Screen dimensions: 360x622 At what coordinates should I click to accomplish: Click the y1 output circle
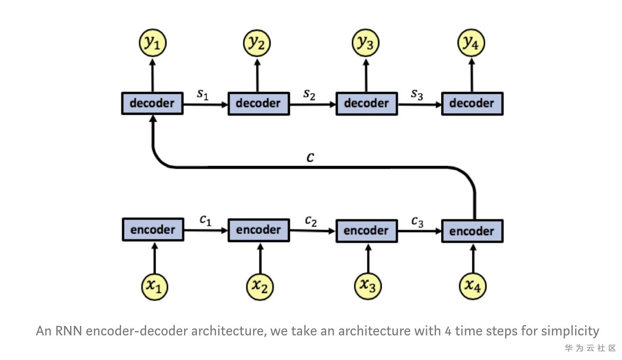tap(152, 43)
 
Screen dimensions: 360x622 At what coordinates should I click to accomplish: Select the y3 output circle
tap(365, 43)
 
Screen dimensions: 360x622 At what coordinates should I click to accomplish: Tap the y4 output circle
tap(471, 43)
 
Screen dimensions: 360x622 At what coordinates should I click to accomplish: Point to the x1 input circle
tap(155, 286)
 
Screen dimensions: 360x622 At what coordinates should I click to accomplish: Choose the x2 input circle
tap(260, 286)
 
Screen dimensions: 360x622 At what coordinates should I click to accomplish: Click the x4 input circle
tap(473, 286)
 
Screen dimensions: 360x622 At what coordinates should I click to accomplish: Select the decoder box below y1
tap(152, 103)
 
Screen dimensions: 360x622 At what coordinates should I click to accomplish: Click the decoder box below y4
tap(472, 103)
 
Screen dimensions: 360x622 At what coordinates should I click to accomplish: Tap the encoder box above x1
tap(152, 230)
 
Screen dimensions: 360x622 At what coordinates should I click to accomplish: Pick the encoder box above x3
tap(366, 231)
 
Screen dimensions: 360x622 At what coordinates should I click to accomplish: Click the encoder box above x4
tap(472, 231)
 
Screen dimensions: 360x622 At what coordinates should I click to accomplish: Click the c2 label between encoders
tap(311, 221)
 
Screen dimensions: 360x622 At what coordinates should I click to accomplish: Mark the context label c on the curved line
tap(310, 157)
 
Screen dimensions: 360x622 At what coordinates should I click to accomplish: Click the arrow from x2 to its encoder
tap(260, 258)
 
